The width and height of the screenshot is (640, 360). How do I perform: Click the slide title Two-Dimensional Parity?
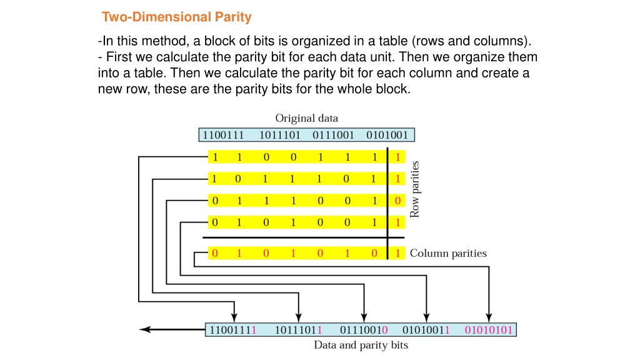click(177, 17)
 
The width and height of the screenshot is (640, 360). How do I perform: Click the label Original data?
click(306, 118)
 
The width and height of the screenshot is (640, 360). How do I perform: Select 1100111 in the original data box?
click(223, 135)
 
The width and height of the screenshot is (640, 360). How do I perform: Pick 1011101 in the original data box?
click(280, 135)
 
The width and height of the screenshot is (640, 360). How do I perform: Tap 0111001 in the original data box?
click(334, 135)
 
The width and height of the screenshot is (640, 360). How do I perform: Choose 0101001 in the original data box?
click(387, 135)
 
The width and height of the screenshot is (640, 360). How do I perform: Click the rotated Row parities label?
click(415, 189)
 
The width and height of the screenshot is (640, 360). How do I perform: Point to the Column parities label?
click(448, 254)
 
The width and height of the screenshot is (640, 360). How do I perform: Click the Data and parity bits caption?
click(361, 345)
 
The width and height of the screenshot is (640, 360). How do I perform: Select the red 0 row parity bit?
click(397, 201)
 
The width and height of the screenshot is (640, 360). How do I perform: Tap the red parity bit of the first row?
click(397, 157)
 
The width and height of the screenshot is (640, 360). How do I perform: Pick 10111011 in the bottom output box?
click(298, 330)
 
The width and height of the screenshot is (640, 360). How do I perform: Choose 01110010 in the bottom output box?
click(364, 330)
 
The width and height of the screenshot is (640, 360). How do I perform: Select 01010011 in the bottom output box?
click(426, 330)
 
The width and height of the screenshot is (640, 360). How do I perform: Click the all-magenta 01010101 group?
click(489, 330)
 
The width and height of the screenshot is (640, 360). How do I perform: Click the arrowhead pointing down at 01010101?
click(489, 317)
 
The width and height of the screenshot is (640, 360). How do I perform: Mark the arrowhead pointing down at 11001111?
click(234, 317)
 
